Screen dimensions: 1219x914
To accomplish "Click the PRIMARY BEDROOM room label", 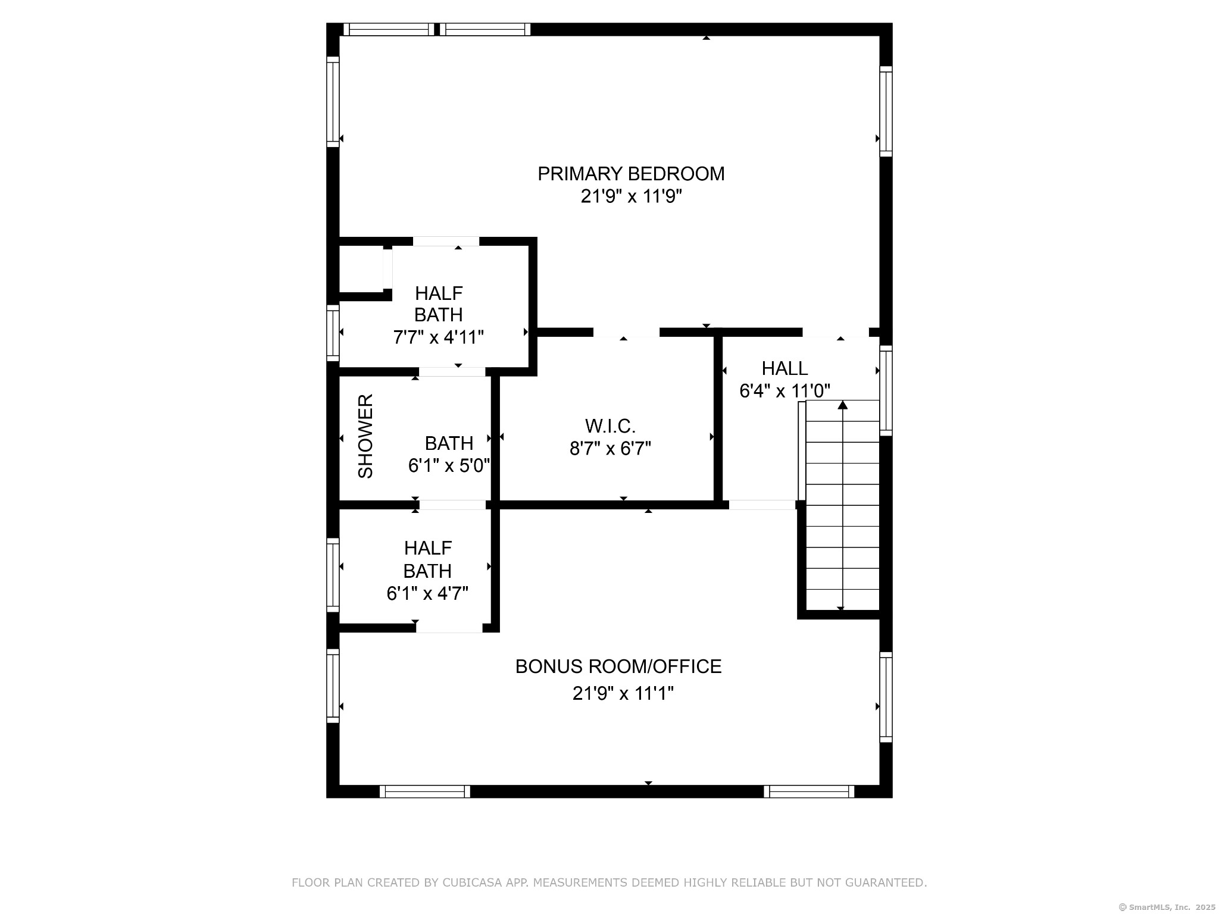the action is point(631,174).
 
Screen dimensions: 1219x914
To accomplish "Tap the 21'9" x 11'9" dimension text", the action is point(631,196).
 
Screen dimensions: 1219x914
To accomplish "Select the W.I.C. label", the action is point(610,426).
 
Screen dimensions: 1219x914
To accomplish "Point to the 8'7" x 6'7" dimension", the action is point(610,449).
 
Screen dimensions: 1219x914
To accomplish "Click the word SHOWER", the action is point(365,436).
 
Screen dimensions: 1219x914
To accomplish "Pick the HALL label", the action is point(784,369).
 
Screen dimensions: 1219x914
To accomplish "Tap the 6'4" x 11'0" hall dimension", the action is point(784,391).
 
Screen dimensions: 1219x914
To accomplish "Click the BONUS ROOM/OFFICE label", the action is point(618,666).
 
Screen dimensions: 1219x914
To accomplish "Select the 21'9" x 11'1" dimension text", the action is point(623,694).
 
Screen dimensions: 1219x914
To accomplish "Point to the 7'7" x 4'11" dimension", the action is point(438,337).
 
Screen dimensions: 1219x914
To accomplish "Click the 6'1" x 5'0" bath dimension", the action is point(449,465).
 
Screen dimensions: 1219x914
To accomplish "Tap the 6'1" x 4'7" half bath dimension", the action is point(427,593).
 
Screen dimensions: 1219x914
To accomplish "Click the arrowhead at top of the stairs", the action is point(842,405).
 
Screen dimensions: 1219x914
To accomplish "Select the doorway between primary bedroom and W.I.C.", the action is point(626,333).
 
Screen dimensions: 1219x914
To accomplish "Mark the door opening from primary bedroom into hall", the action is point(836,333).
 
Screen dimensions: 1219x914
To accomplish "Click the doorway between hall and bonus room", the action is point(762,505).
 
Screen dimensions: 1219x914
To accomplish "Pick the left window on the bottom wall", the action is point(425,791).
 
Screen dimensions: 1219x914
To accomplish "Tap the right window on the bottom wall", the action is point(809,791).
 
